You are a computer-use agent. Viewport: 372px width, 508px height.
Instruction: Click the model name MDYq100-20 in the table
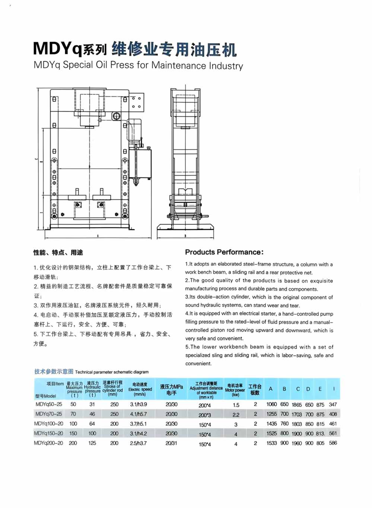(x=48, y=424)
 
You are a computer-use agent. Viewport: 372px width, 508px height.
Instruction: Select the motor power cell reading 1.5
(x=236, y=405)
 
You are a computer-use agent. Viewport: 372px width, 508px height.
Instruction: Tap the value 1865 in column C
(x=297, y=405)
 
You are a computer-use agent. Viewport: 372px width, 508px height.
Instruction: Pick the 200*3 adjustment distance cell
(x=204, y=415)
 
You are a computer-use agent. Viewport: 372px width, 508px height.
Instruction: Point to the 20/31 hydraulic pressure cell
(x=171, y=443)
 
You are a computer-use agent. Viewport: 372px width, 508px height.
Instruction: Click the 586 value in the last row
(x=333, y=443)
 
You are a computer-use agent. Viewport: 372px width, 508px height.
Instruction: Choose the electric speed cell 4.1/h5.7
(x=139, y=414)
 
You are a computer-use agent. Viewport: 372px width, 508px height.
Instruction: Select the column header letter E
(x=320, y=389)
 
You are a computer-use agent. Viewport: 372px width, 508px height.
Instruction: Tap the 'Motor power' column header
(x=235, y=390)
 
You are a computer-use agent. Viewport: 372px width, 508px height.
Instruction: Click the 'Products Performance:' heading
(x=224, y=252)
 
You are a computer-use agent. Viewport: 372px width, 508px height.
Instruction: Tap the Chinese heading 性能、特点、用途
(x=58, y=253)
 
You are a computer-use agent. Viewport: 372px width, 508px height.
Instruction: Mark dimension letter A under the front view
(x=98, y=236)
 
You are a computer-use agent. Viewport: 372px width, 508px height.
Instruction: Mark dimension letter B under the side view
(x=185, y=236)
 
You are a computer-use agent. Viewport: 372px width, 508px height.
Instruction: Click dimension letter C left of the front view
(x=36, y=159)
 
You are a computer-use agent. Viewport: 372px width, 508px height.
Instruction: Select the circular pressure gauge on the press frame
(x=116, y=116)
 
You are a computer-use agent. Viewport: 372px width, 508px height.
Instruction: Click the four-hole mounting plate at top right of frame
(x=136, y=102)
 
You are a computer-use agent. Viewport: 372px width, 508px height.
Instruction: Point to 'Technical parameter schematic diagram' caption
(x=112, y=372)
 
